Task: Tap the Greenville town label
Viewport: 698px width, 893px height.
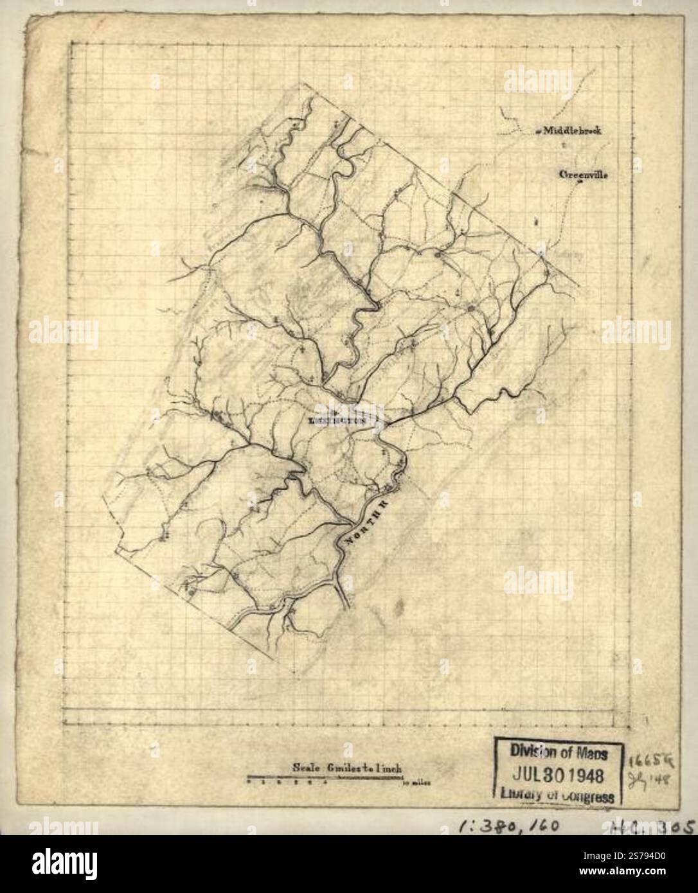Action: point(583,174)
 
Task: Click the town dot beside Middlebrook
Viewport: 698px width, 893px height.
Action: point(538,131)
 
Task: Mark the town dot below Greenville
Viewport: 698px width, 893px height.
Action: point(580,182)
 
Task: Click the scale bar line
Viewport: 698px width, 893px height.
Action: point(325,779)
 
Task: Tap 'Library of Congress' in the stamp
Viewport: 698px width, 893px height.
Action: point(557,795)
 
